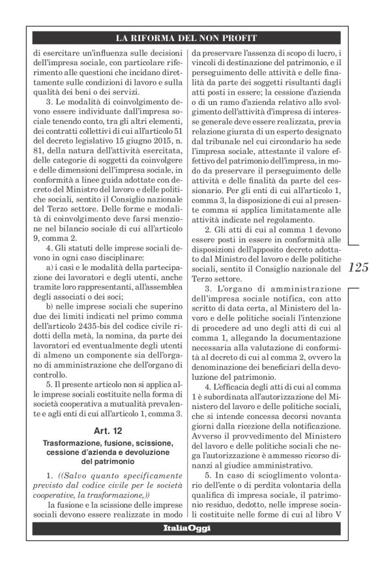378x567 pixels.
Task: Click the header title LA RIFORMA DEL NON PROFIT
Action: (x=185, y=38)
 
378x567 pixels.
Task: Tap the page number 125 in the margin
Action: (x=358, y=267)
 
